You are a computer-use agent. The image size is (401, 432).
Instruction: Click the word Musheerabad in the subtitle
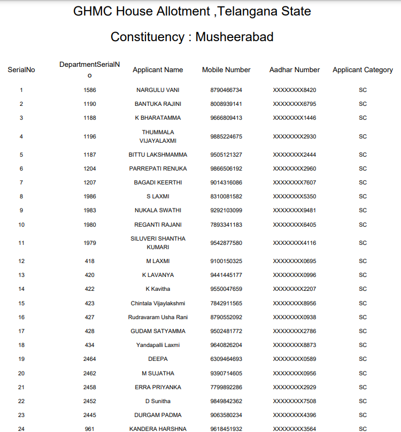coord(234,37)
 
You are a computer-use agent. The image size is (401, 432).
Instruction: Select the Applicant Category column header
coord(363,70)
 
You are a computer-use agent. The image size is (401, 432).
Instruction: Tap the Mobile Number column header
coord(226,70)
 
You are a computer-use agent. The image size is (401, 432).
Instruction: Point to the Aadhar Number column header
coord(295,70)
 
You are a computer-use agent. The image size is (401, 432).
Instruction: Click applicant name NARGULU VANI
coord(158,90)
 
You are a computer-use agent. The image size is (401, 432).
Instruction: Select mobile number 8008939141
coord(226,104)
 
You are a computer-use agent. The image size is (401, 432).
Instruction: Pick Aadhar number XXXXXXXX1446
coord(295,118)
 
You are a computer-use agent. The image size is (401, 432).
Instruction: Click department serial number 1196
coord(90,136)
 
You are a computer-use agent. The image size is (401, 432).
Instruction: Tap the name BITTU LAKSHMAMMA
coord(158,155)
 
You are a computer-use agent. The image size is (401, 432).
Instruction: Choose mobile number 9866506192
coord(226,168)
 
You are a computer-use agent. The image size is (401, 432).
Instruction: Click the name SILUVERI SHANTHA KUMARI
coord(158,243)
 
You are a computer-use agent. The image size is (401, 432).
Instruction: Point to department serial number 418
coord(90,261)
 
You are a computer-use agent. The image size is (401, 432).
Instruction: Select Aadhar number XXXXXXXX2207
coord(295,289)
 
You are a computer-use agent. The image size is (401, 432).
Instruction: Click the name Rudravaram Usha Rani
coord(158,317)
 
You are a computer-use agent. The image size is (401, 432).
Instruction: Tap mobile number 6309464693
coord(226,359)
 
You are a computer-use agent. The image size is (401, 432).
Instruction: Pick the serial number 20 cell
coord(21,373)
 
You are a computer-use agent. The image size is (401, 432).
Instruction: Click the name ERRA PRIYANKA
coord(158,387)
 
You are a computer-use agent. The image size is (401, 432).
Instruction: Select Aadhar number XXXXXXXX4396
coord(295,415)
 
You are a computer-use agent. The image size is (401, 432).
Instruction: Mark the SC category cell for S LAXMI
coord(363,196)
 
